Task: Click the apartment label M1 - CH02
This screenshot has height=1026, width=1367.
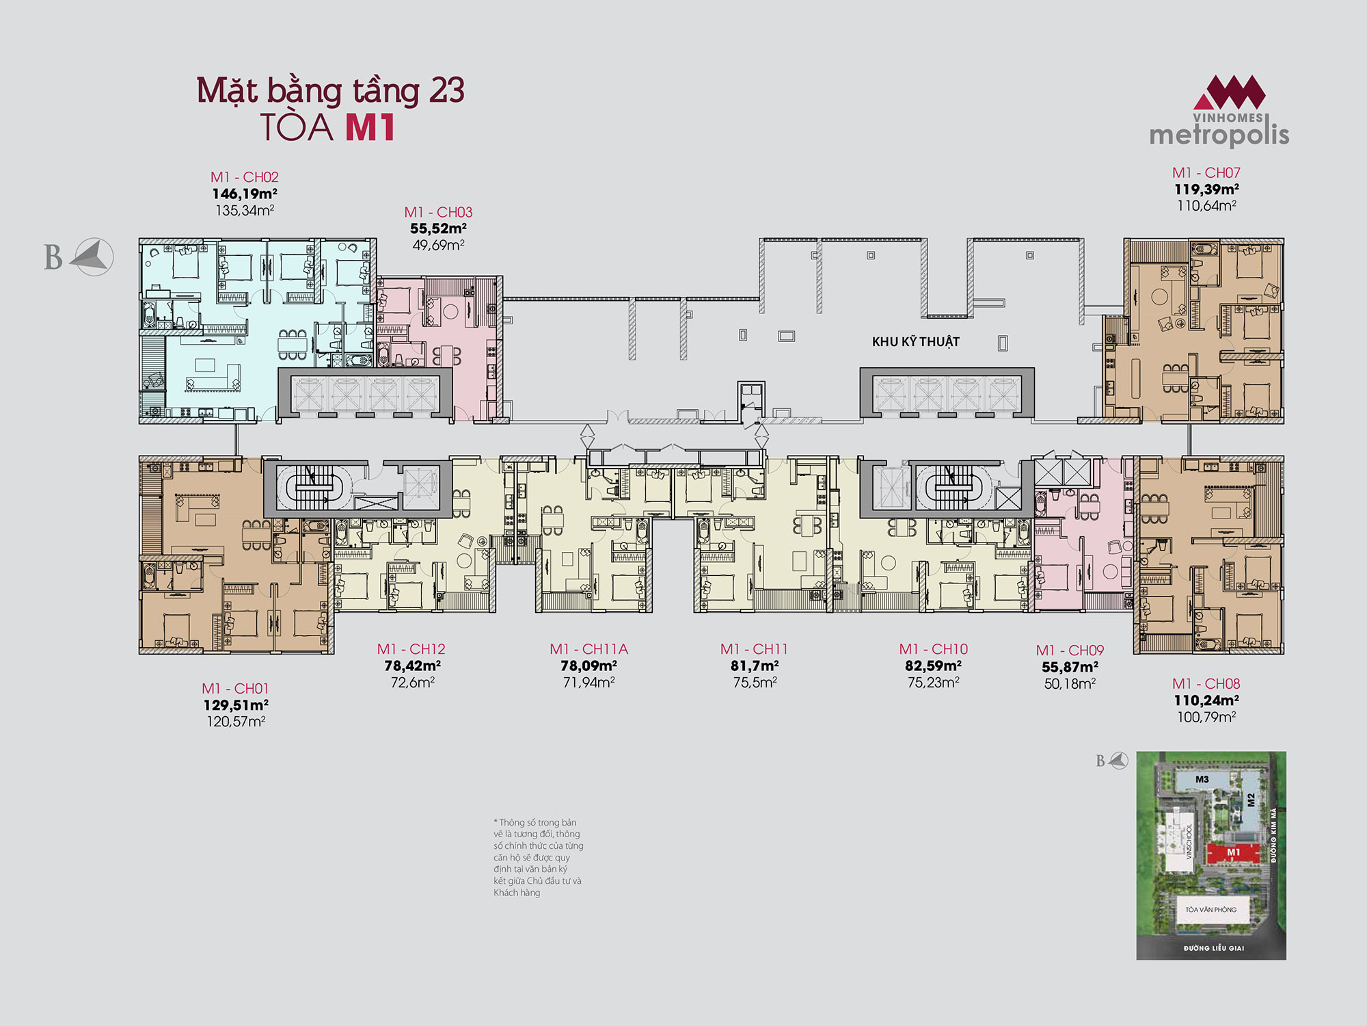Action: (x=245, y=177)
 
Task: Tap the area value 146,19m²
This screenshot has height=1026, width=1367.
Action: (x=245, y=194)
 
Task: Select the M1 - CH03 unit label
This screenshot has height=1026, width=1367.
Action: (x=438, y=212)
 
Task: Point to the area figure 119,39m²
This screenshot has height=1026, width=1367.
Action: (x=1207, y=189)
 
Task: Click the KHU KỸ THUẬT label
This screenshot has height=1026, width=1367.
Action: (x=916, y=341)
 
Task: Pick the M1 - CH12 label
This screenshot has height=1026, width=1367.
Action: (x=411, y=649)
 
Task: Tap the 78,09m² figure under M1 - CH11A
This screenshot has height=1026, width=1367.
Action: (x=589, y=666)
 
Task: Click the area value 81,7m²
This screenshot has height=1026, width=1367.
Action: (x=755, y=666)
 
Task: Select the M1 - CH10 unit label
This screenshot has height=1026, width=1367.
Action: (x=934, y=649)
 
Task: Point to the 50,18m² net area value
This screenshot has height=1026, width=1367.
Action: (x=1070, y=683)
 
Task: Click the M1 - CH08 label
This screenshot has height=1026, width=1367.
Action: (x=1206, y=684)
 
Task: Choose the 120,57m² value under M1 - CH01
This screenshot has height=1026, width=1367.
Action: (x=236, y=721)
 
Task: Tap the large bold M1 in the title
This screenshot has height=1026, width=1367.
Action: (x=370, y=127)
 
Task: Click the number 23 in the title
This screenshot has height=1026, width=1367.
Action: (x=447, y=90)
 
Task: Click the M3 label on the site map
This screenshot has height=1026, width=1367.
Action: (x=1202, y=779)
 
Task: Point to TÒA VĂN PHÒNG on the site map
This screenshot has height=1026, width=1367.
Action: (x=1211, y=910)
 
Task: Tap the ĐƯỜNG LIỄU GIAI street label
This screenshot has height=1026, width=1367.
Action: (x=1214, y=948)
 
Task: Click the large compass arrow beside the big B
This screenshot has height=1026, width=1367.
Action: (x=92, y=257)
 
